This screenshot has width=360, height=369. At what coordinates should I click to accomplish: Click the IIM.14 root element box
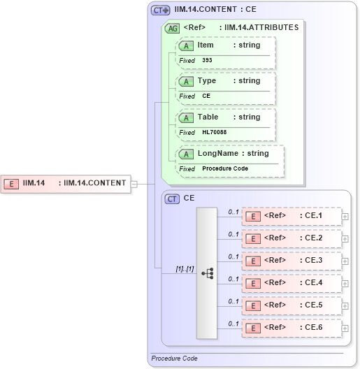point(66,183)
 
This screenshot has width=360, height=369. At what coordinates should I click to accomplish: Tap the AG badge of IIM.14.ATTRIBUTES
point(171,29)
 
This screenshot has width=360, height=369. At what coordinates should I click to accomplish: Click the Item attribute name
point(206,45)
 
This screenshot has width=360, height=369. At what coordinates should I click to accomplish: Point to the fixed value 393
point(207,61)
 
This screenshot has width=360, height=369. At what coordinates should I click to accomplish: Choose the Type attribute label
point(206,80)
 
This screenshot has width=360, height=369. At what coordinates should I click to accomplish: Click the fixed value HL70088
point(214,132)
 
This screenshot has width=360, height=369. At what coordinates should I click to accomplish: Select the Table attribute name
point(208,117)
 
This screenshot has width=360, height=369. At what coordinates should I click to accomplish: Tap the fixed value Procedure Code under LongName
point(225,168)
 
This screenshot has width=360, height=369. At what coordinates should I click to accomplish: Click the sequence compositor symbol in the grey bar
point(208,273)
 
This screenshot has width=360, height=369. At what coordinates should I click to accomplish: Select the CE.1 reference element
point(292,216)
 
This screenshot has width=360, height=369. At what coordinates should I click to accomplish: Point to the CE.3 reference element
point(292,260)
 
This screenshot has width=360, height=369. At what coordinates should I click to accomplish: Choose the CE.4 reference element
point(292,282)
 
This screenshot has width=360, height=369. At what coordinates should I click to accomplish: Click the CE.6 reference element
point(292,326)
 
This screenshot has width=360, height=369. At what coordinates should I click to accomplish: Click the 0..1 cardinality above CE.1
point(233,210)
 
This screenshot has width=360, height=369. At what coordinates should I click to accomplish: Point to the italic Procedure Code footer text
point(174,359)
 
